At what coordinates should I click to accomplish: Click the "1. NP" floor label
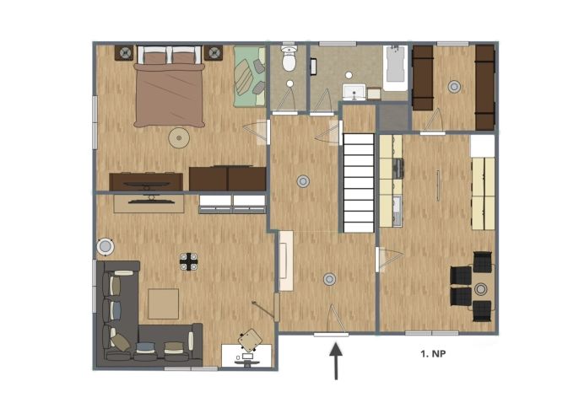coord(433,354)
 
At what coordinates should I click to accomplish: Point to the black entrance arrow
coord(336,361)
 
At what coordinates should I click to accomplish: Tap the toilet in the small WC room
coord(289,58)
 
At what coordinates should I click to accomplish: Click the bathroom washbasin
coord(354,92)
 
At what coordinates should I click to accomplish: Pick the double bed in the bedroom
coord(169,86)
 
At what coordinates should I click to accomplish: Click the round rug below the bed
coord(179,138)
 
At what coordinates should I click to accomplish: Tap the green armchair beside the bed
coord(250,77)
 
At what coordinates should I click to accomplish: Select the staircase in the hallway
coord(359,183)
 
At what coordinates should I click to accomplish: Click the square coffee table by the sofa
coord(164,304)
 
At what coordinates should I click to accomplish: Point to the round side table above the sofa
coord(106,246)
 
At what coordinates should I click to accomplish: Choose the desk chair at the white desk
coord(250,340)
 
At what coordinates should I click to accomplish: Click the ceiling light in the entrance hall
coord(329,279)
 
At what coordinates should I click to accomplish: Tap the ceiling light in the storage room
coord(454,87)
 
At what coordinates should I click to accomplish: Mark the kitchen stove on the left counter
coord(398,169)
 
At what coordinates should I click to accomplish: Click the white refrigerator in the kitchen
coord(482,146)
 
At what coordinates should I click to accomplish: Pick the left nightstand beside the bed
coord(124,53)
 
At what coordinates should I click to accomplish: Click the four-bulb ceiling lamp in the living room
coord(189,261)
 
